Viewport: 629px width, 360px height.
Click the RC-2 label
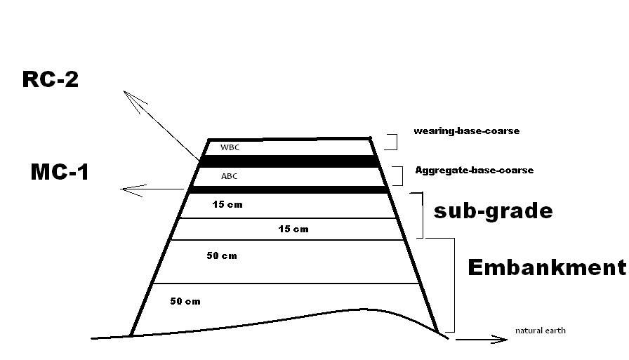pos(50,79)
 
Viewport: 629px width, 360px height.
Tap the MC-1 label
pos(60,172)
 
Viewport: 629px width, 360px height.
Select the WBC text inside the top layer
pos(230,147)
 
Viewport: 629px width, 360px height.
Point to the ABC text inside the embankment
pos(229,176)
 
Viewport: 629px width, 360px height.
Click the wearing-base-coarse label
pos(467,131)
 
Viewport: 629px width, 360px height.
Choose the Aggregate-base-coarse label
pos(474,171)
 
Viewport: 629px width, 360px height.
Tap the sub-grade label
pos(493,211)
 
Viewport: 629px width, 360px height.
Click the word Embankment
pos(547,267)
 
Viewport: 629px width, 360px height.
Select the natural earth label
pos(541,331)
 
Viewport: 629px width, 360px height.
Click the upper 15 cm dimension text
pos(227,205)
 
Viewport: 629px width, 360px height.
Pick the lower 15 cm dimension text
pos(293,229)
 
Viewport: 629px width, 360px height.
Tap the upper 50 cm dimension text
pos(222,255)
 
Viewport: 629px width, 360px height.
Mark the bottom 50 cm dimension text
pos(185,302)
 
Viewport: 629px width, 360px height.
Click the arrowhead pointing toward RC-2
pos(133,99)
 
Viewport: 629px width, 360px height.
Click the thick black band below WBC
pos(289,161)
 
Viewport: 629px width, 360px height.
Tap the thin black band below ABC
pos(289,189)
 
